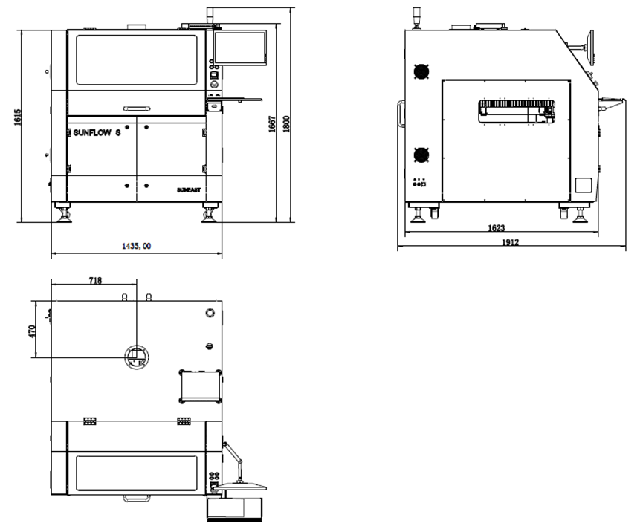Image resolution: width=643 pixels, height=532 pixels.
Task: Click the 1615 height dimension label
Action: click(x=18, y=117)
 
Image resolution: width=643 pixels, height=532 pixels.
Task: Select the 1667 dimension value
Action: click(x=272, y=124)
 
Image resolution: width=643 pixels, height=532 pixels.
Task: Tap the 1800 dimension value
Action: click(x=286, y=124)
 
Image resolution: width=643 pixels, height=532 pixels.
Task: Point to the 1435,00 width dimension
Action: click(x=137, y=246)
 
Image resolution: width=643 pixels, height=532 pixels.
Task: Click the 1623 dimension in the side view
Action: click(x=497, y=227)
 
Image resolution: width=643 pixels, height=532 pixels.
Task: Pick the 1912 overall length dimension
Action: click(x=511, y=241)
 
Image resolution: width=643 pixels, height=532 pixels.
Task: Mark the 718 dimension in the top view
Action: click(x=95, y=280)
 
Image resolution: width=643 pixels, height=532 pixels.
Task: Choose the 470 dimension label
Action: click(x=32, y=331)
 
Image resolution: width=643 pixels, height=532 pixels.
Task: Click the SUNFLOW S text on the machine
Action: click(x=97, y=132)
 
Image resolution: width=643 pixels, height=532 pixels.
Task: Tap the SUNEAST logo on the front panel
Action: click(x=189, y=189)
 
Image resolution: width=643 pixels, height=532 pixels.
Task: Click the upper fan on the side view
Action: click(x=421, y=71)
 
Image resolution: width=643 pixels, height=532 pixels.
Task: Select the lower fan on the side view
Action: click(x=421, y=155)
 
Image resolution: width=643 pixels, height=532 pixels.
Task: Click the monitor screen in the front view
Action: click(x=240, y=48)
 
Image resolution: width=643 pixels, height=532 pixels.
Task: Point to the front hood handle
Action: click(x=137, y=108)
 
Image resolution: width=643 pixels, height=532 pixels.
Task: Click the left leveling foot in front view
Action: click(x=65, y=215)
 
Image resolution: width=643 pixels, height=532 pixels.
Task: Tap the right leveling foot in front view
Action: click(x=209, y=215)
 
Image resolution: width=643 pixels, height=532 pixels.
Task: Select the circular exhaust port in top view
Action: click(x=137, y=357)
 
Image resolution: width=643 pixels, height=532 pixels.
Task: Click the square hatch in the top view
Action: click(x=201, y=386)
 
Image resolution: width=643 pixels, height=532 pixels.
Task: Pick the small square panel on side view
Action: click(x=583, y=185)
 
